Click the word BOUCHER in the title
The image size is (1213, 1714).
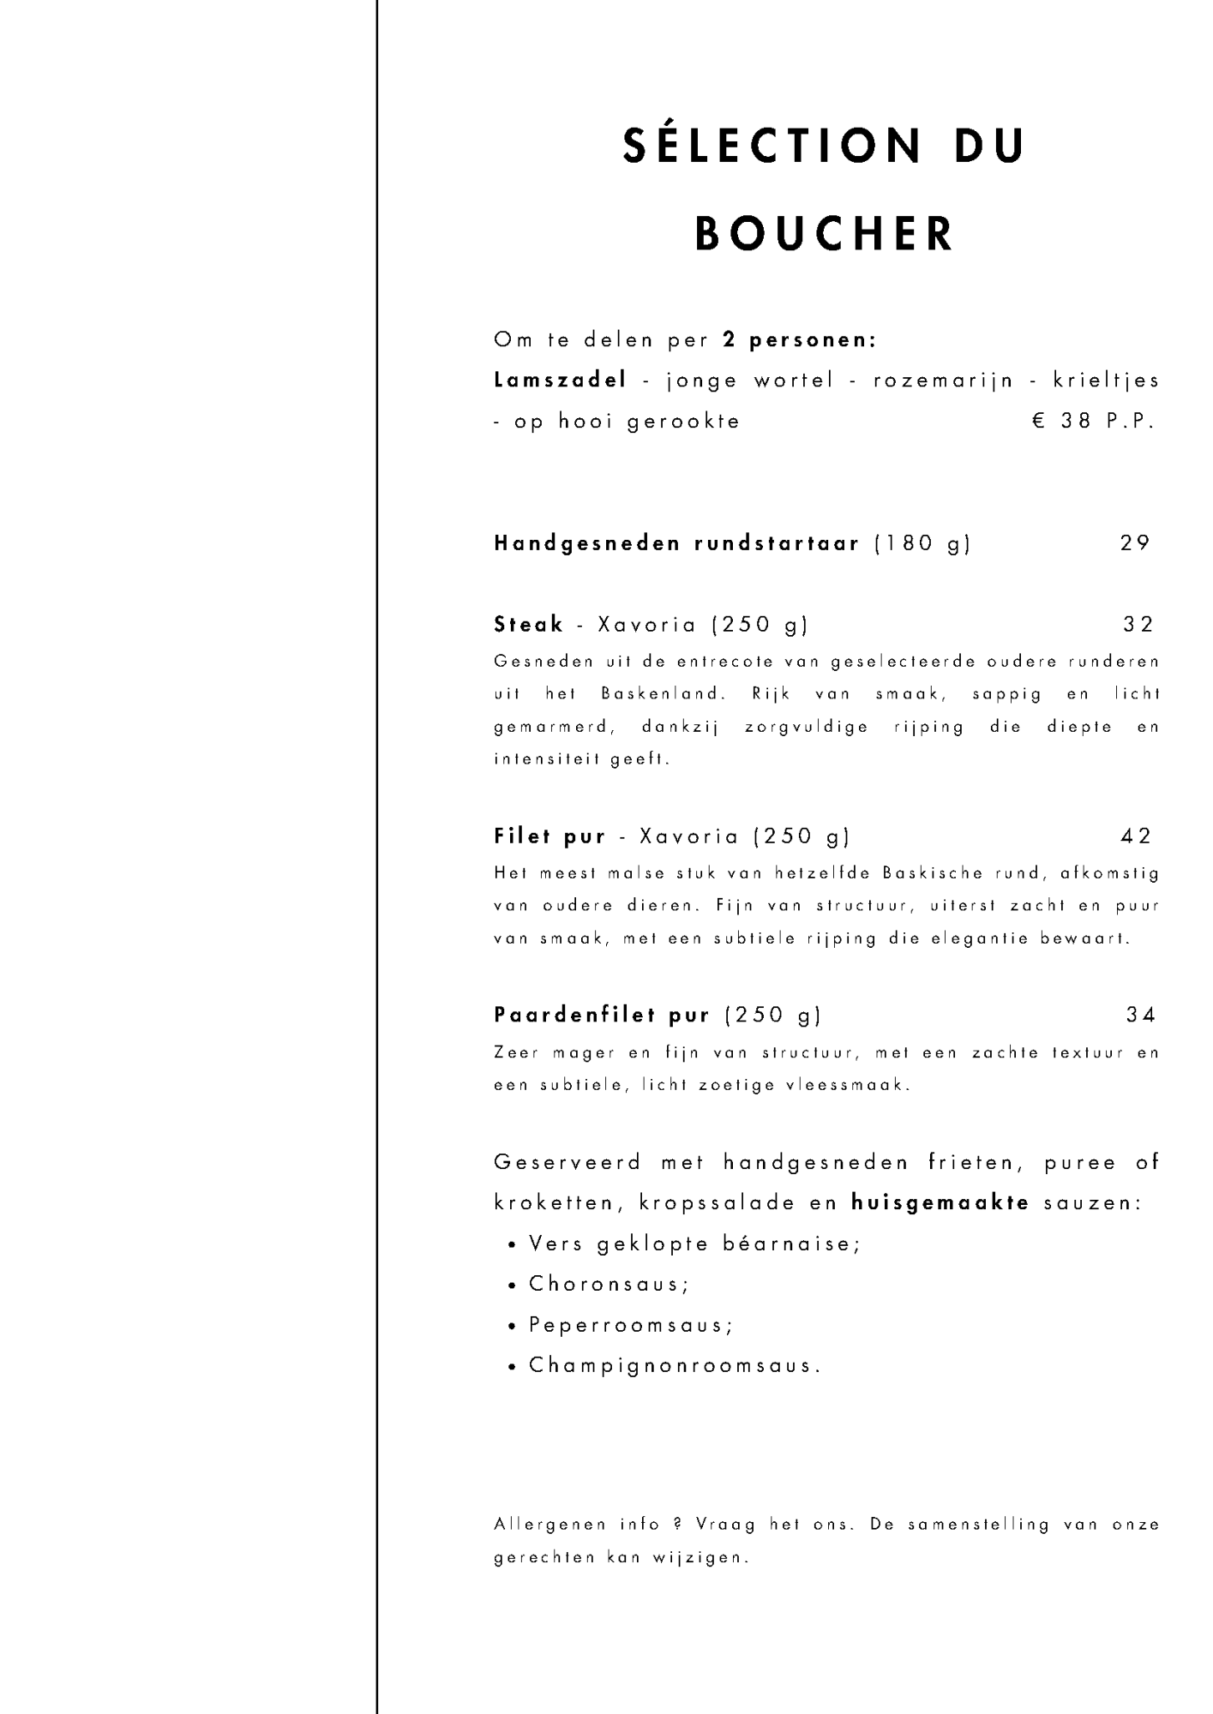click(824, 233)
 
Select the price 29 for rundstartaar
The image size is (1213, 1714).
click(1135, 543)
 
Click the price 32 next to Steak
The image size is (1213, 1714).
click(1138, 625)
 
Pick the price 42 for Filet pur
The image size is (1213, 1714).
click(1136, 836)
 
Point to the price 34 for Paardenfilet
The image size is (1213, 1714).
click(1141, 1016)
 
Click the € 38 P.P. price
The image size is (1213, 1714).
click(1095, 422)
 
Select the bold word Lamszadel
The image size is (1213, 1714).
click(561, 381)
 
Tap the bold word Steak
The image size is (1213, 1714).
click(529, 625)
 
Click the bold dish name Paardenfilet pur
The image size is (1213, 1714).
click(602, 1016)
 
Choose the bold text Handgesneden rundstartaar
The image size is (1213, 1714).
click(676, 543)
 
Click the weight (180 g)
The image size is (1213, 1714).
click(922, 543)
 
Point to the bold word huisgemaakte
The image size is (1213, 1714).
click(940, 1203)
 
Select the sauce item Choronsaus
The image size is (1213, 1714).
click(609, 1284)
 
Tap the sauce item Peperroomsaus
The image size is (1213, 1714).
click(630, 1325)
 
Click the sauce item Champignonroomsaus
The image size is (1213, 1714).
click(675, 1365)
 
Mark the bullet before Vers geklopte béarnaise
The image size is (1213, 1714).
click(512, 1245)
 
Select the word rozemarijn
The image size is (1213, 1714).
click(943, 381)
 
